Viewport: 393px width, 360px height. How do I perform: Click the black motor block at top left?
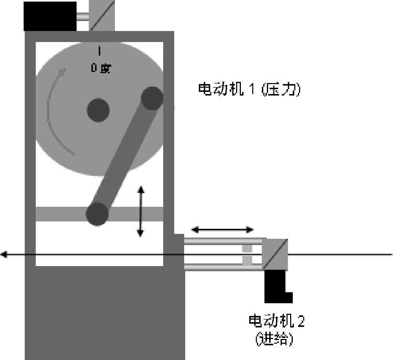pos(50,16)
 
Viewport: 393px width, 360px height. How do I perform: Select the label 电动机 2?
pos(276,321)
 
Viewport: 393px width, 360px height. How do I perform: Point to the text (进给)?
pos(274,340)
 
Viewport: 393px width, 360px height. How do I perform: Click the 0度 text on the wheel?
pos(101,68)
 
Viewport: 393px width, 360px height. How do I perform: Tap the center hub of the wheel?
pos(98,110)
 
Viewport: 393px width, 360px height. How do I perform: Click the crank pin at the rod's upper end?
pos(152,98)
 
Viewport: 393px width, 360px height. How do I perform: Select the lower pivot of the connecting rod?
pos(97,214)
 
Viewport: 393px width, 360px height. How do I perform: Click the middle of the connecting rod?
pos(125,156)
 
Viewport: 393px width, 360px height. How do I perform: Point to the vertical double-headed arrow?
pos(140,211)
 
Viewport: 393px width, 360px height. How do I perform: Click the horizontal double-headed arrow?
pos(222,229)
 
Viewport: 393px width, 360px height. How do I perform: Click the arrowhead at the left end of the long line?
pos(4,255)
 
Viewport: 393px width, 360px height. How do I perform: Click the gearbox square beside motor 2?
pos(276,254)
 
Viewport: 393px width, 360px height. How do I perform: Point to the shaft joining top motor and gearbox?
pos(83,16)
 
